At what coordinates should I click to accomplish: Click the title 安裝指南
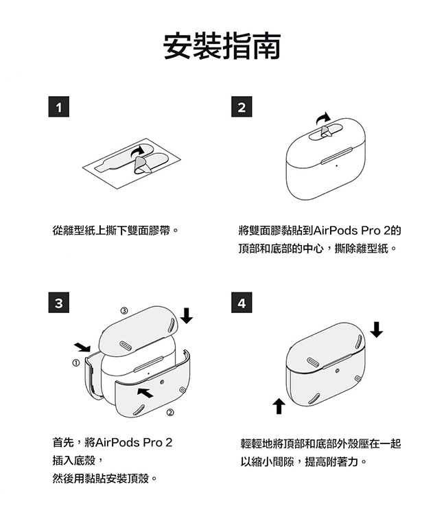(222, 46)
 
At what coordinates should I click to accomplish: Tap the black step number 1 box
(59, 106)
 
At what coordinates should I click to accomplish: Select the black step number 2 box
(242, 106)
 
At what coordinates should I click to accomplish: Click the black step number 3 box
(59, 303)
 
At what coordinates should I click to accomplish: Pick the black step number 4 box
(242, 303)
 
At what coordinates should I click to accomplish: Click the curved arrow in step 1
(137, 151)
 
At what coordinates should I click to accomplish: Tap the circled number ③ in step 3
(124, 310)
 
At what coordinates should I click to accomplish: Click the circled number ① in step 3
(76, 362)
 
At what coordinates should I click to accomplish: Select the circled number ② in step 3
(170, 413)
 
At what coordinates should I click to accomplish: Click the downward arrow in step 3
(187, 316)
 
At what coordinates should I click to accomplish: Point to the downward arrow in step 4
(377, 330)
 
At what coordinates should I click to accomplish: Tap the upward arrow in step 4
(279, 406)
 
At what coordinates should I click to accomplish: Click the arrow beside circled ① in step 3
(82, 347)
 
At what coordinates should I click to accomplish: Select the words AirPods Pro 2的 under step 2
(357, 231)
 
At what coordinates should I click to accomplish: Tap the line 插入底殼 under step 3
(74, 461)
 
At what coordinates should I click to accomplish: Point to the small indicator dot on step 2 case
(336, 166)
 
